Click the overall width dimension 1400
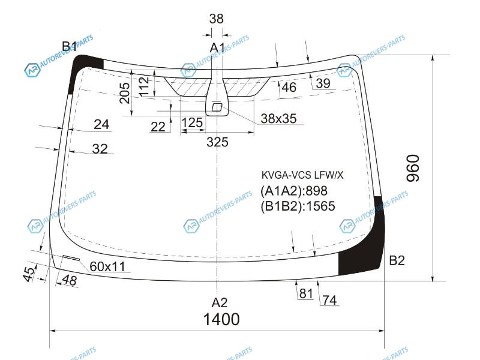pyautogui.click(x=221, y=319)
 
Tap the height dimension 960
pyautogui.click(x=413, y=168)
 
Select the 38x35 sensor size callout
pyautogui.click(x=278, y=118)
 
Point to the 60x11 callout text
pyautogui.click(x=107, y=266)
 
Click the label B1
pyautogui.click(x=70, y=47)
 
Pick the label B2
pyautogui.click(x=397, y=260)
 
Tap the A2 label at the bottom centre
pyautogui.click(x=220, y=302)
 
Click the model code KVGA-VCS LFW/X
pyautogui.click(x=302, y=175)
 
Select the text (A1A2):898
pyautogui.click(x=294, y=191)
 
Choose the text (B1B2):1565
pyautogui.click(x=298, y=206)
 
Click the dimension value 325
pyautogui.click(x=217, y=142)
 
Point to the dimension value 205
pyautogui.click(x=125, y=93)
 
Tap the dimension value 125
pyautogui.click(x=192, y=123)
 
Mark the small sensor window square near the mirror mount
pyautogui.click(x=217, y=107)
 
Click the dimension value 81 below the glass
pyautogui.click(x=306, y=293)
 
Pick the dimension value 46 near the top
pyautogui.click(x=289, y=87)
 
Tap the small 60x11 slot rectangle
pyautogui.click(x=71, y=258)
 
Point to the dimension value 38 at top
pyautogui.click(x=217, y=19)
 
